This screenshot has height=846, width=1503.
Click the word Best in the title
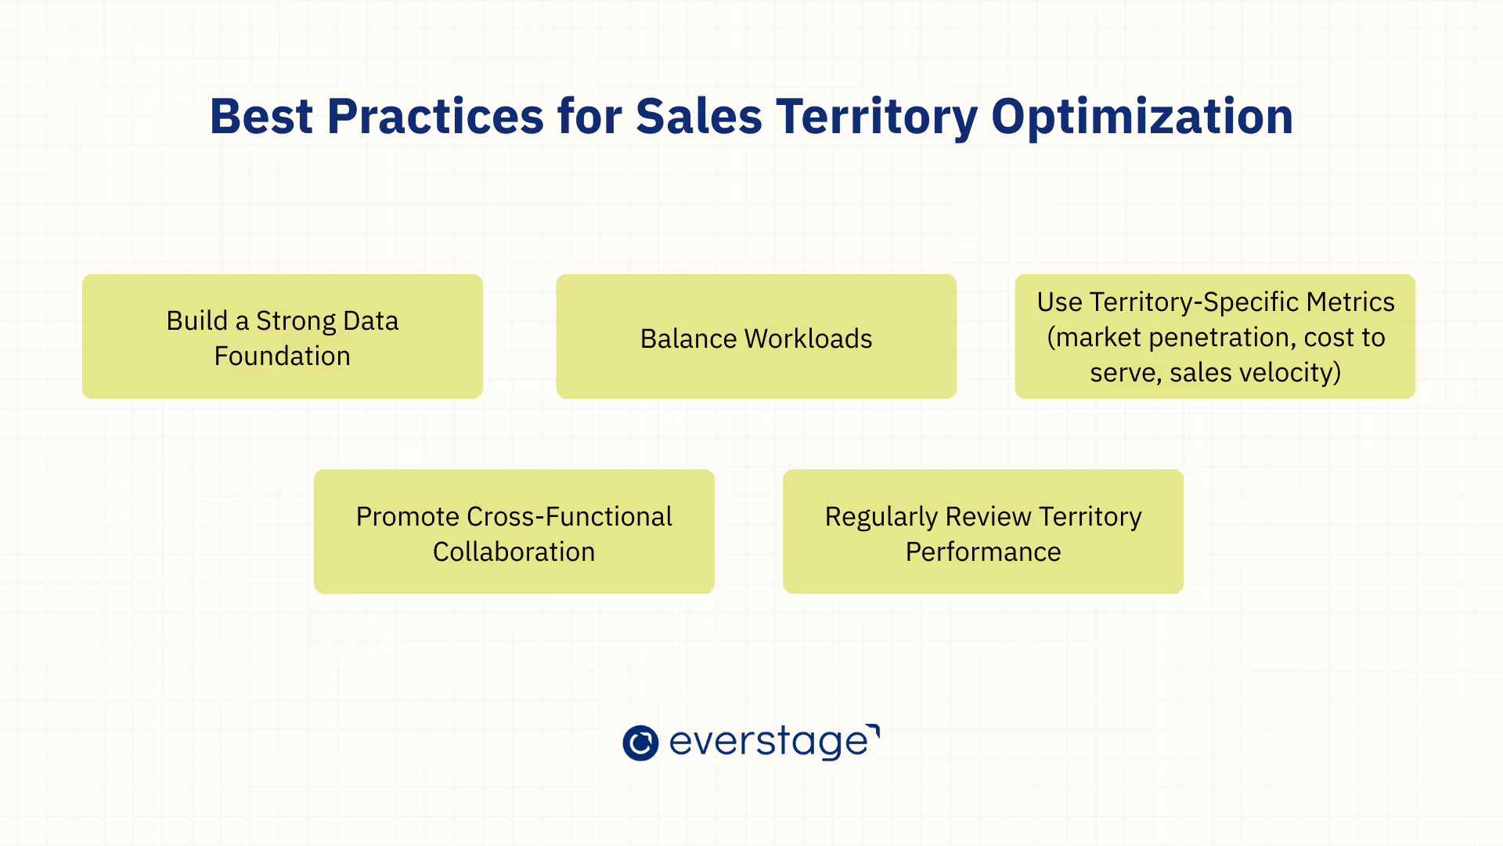pyautogui.click(x=261, y=117)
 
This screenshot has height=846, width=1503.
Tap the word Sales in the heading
pyautogui.click(x=698, y=117)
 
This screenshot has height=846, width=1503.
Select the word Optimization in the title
pyautogui.click(x=1142, y=117)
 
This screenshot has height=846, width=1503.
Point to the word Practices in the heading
pyautogui.click(x=435, y=117)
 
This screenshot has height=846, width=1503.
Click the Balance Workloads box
pyautogui.click(x=756, y=336)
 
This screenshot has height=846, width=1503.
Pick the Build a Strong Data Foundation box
pyautogui.click(x=283, y=336)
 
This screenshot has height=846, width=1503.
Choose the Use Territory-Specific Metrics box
pyautogui.click(x=1215, y=336)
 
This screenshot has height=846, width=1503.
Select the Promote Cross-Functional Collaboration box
pyautogui.click(x=514, y=531)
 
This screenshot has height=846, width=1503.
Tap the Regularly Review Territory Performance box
pyautogui.click(x=983, y=531)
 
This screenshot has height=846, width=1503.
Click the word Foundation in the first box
pyautogui.click(x=283, y=356)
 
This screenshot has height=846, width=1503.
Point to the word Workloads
pyautogui.click(x=809, y=338)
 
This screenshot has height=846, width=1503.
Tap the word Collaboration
pyautogui.click(x=514, y=551)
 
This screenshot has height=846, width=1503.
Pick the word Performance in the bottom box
pyautogui.click(x=983, y=551)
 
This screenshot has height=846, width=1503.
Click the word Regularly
pyautogui.click(x=881, y=517)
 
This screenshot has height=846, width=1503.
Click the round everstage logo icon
pyautogui.click(x=640, y=743)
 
